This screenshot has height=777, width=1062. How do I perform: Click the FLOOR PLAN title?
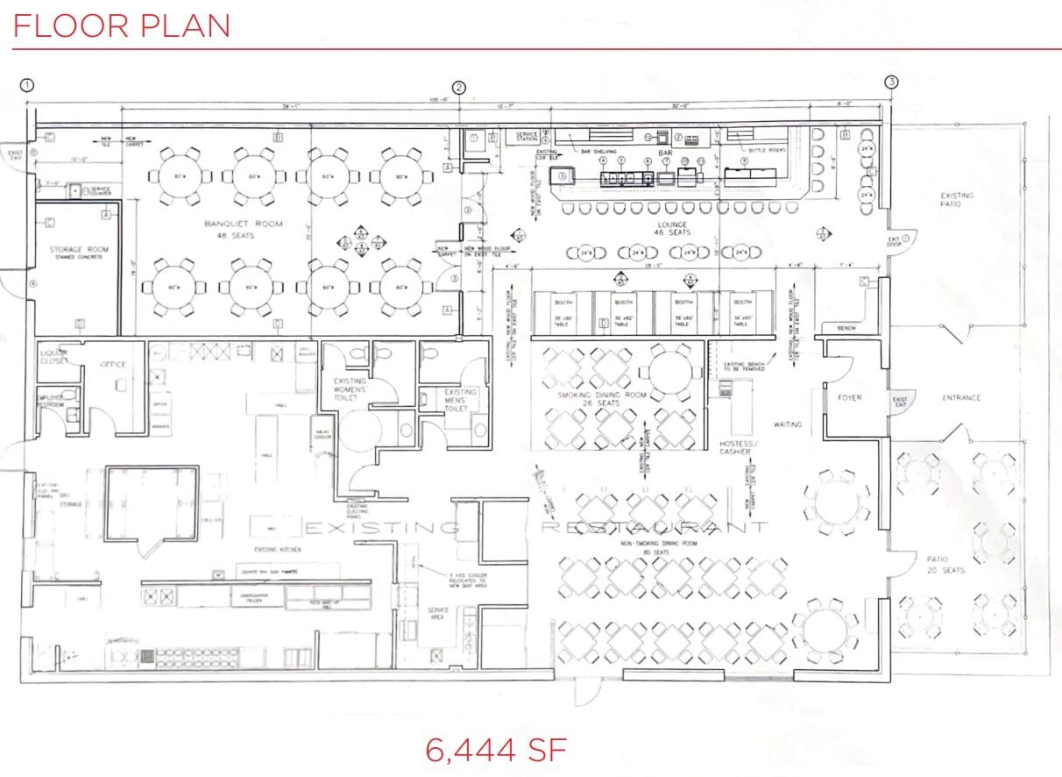coord(122,25)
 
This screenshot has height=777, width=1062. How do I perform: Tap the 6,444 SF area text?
coord(496,751)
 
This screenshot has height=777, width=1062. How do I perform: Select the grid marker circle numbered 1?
coord(28,85)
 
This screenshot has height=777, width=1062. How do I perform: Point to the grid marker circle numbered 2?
coord(459,87)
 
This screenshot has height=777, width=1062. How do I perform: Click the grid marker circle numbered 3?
coord(891,82)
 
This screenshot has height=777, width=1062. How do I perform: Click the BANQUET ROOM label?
coord(244,229)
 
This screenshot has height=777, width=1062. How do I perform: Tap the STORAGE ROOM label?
coord(79,253)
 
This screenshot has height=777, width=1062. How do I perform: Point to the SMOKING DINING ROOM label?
coord(602,399)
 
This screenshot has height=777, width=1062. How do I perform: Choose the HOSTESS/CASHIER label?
coord(735,447)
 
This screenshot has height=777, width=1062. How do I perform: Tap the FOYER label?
coord(849,397)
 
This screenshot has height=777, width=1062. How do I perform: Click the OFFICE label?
coord(113,364)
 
